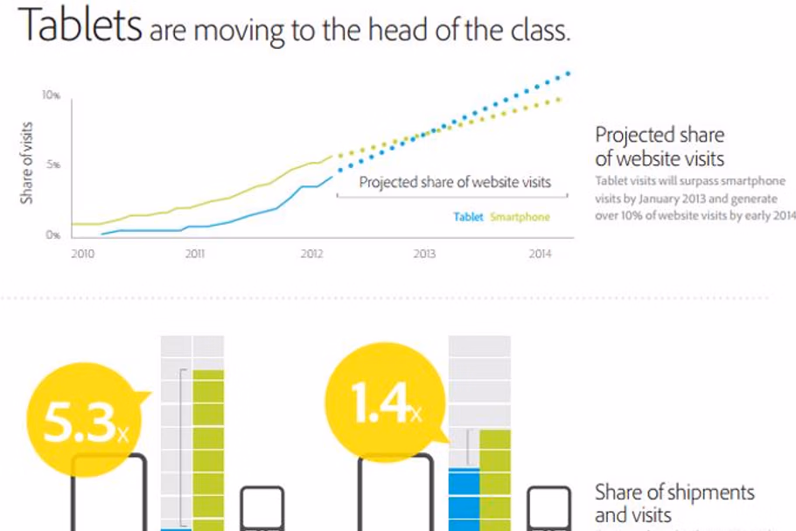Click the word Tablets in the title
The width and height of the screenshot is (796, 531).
[x=80, y=26]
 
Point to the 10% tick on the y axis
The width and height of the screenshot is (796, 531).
[x=52, y=94]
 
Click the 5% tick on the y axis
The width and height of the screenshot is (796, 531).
[x=53, y=164]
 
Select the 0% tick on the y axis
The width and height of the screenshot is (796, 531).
[x=53, y=235]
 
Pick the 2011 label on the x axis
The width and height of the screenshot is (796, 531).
[x=195, y=255]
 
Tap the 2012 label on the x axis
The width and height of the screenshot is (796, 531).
[x=312, y=255]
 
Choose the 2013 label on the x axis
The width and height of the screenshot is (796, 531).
[x=424, y=255]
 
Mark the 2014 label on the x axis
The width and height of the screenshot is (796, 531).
[x=540, y=255]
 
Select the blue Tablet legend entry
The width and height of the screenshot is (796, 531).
[x=468, y=217]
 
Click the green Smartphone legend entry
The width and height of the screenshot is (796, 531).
[x=520, y=217]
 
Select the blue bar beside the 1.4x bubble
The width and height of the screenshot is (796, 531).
[x=464, y=499]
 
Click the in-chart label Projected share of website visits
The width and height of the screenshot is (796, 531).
[x=455, y=183]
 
